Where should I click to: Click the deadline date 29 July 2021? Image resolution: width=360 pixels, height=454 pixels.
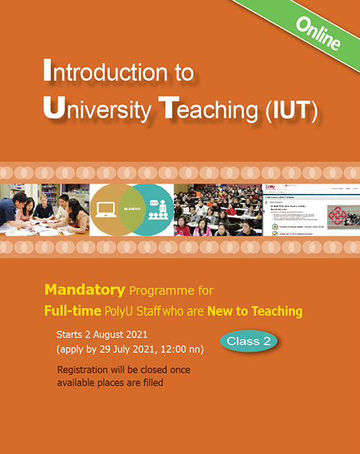[135, 350]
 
